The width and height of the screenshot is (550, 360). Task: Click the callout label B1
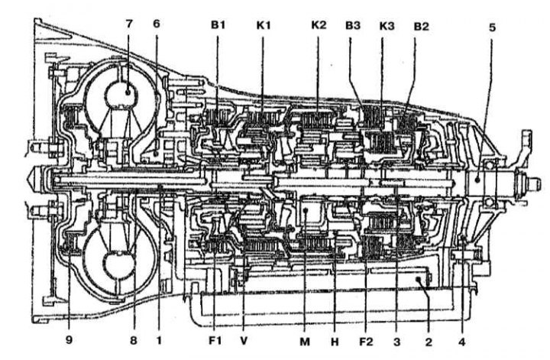click(x=218, y=25)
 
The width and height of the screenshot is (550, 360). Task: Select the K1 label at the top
click(x=264, y=25)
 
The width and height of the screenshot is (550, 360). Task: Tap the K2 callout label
click(x=319, y=25)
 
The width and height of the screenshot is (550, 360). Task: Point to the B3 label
click(x=353, y=26)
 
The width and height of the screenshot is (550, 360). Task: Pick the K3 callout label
click(x=387, y=26)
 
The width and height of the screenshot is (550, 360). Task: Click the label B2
click(x=421, y=26)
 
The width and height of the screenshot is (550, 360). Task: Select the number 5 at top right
click(x=492, y=28)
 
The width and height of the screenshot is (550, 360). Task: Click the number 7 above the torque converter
click(x=129, y=24)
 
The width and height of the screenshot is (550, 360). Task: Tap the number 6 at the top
click(x=157, y=24)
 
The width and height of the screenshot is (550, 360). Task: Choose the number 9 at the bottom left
click(x=69, y=340)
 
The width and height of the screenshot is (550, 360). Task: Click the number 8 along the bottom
click(x=133, y=340)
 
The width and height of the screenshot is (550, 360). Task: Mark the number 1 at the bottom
click(x=159, y=340)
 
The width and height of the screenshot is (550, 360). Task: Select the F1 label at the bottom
click(x=215, y=340)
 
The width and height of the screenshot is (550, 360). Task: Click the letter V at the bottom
click(x=244, y=340)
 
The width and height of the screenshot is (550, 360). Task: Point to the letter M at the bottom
click(x=305, y=341)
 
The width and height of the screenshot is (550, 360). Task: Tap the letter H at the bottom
click(x=335, y=341)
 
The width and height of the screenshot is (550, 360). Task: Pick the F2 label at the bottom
click(x=366, y=342)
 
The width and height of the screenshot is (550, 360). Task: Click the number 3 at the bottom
click(x=396, y=342)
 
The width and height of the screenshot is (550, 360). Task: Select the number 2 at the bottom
click(x=429, y=342)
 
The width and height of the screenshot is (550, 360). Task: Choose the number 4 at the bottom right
click(x=462, y=342)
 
